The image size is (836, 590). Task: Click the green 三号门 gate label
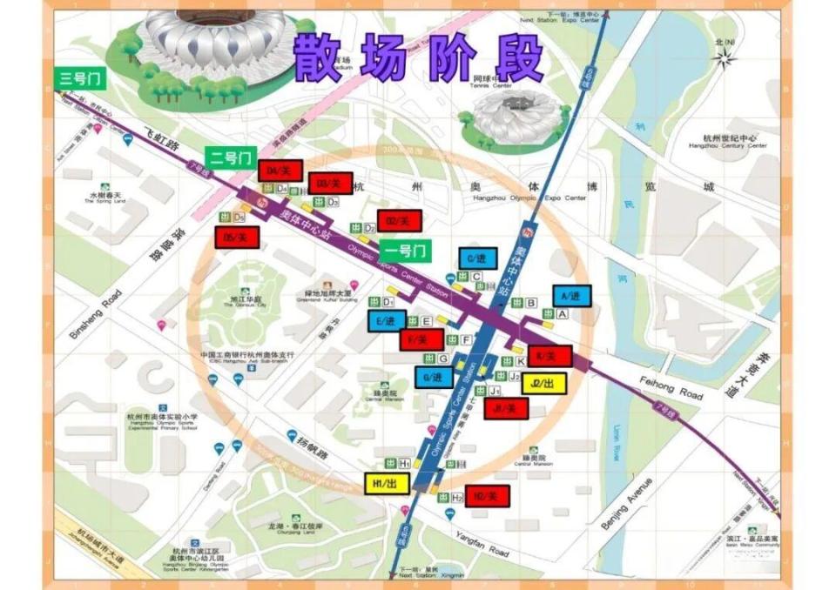(x=80, y=79)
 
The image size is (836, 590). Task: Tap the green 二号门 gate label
(x=231, y=158)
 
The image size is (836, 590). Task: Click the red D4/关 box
(x=280, y=171)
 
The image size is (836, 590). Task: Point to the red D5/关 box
(x=236, y=236)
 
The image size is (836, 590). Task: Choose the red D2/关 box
(x=399, y=220)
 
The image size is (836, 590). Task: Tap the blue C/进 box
(x=477, y=258)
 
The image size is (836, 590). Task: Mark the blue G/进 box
(x=434, y=378)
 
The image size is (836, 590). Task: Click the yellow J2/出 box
(x=543, y=383)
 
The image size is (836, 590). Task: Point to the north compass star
(x=722, y=57)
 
